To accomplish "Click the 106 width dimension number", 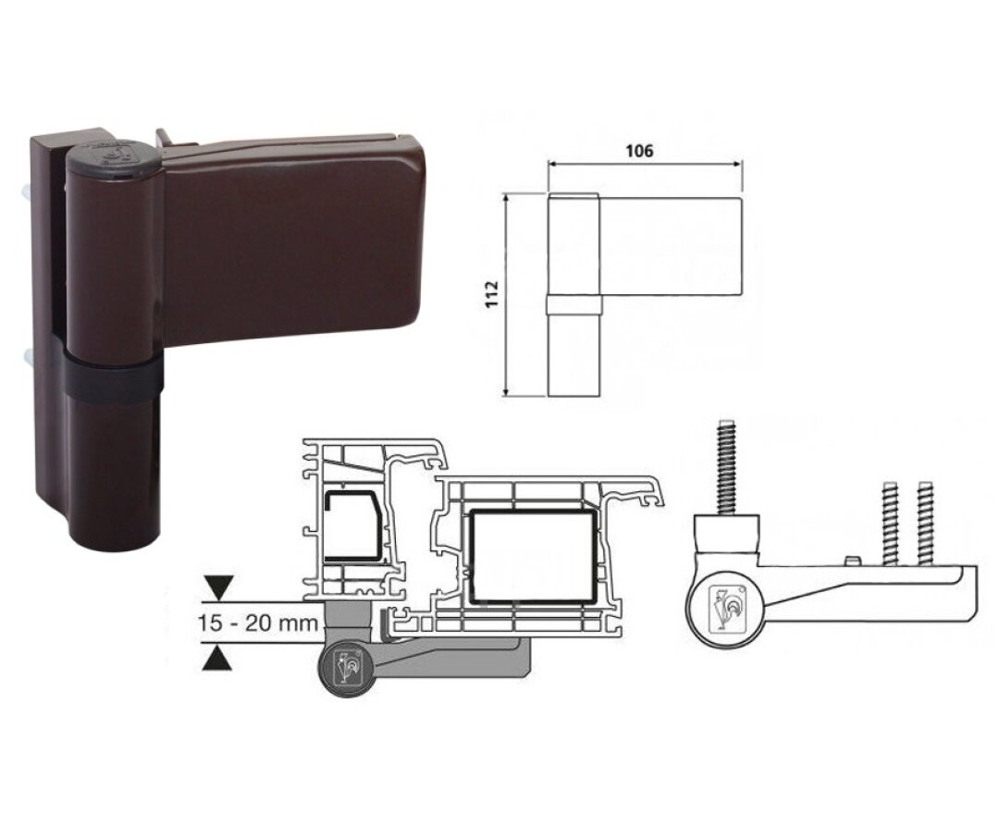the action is (x=639, y=151).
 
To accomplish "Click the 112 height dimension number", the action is (x=492, y=294).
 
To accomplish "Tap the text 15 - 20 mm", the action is (x=257, y=623).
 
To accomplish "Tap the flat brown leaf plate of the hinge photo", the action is (x=290, y=236).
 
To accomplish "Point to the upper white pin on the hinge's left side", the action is (x=27, y=191).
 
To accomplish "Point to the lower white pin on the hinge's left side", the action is (x=28, y=357).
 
